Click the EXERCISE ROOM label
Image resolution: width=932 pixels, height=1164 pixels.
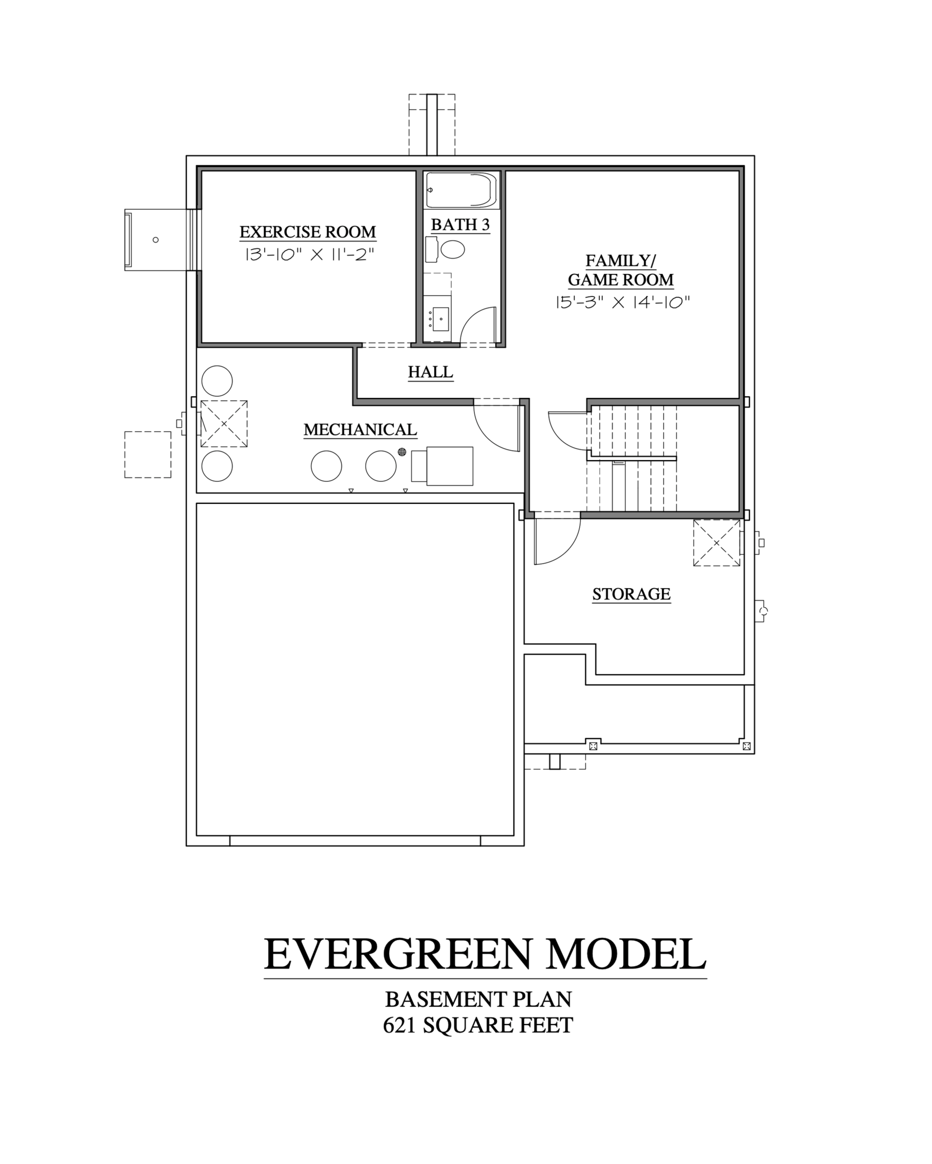pyautogui.click(x=307, y=232)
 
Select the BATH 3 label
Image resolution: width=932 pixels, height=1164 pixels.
pyautogui.click(x=460, y=225)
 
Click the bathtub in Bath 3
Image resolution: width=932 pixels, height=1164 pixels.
pyautogui.click(x=461, y=189)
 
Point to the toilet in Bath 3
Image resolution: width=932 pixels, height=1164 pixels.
pyautogui.click(x=446, y=250)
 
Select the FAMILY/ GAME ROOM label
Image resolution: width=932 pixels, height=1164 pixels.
pyautogui.click(x=621, y=270)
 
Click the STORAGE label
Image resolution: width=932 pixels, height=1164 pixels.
pyautogui.click(x=632, y=594)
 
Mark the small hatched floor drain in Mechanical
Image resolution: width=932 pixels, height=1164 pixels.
pyautogui.click(x=402, y=452)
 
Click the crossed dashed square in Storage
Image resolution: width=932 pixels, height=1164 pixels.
pyautogui.click(x=717, y=543)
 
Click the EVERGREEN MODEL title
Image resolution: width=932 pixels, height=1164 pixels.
pyautogui.click(x=485, y=955)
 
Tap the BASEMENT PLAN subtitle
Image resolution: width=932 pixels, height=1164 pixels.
pyautogui.click(x=479, y=999)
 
